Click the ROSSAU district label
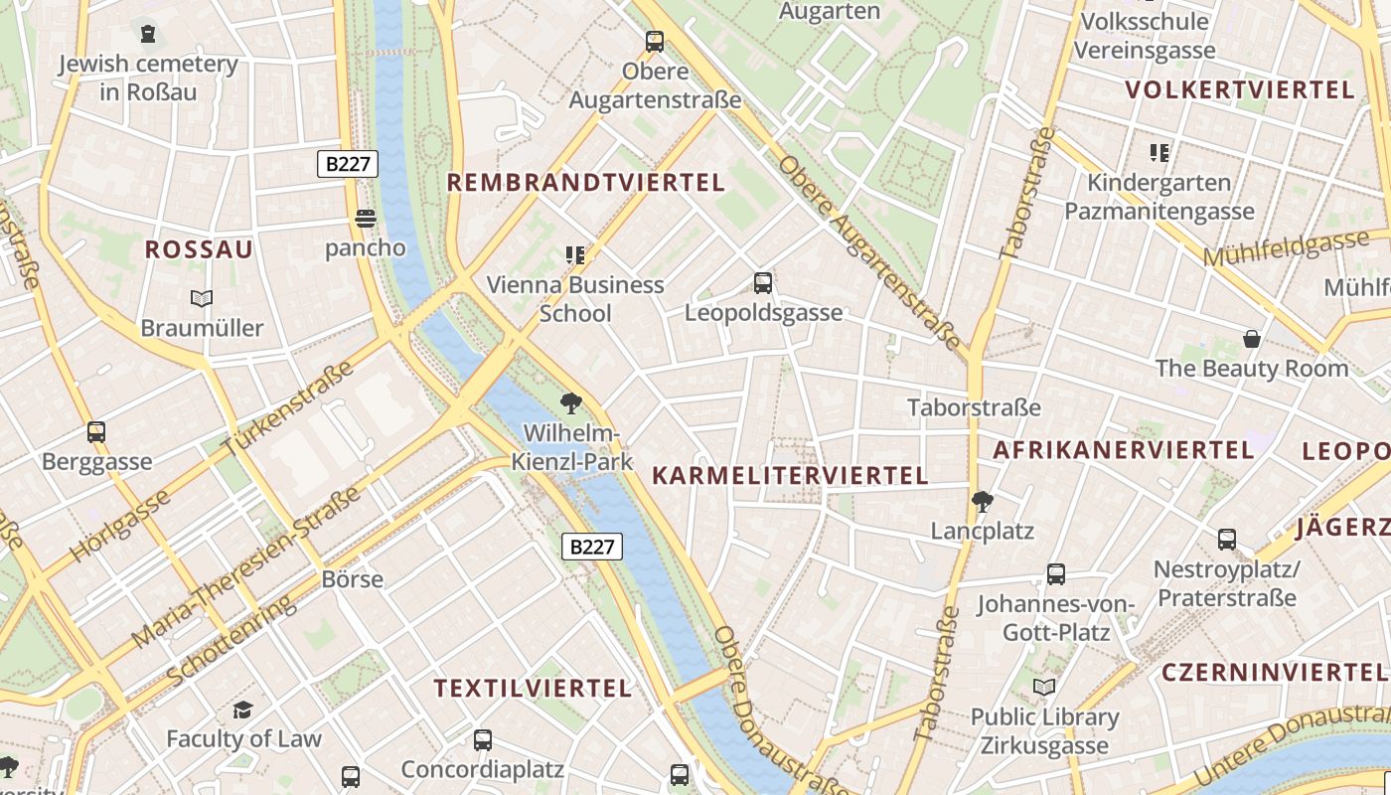coord(199,249)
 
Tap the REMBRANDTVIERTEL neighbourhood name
coord(585,183)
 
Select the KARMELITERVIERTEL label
coord(790,476)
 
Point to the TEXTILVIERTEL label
coord(533,688)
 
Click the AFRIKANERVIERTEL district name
coord(1124,450)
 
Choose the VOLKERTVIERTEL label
coord(1240,90)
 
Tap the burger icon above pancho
coord(366,219)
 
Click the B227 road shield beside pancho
coord(348,164)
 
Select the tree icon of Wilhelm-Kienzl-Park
coord(570,402)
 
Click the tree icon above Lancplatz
coord(983,501)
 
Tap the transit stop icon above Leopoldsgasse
coord(763,283)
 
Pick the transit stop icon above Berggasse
coord(96,432)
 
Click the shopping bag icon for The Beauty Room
coord(1252,339)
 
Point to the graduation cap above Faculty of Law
coord(243,710)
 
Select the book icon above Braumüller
coord(202,298)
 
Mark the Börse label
coord(353,578)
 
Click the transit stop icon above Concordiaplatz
coord(483,740)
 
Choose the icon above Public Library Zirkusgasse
coord(1044,688)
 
